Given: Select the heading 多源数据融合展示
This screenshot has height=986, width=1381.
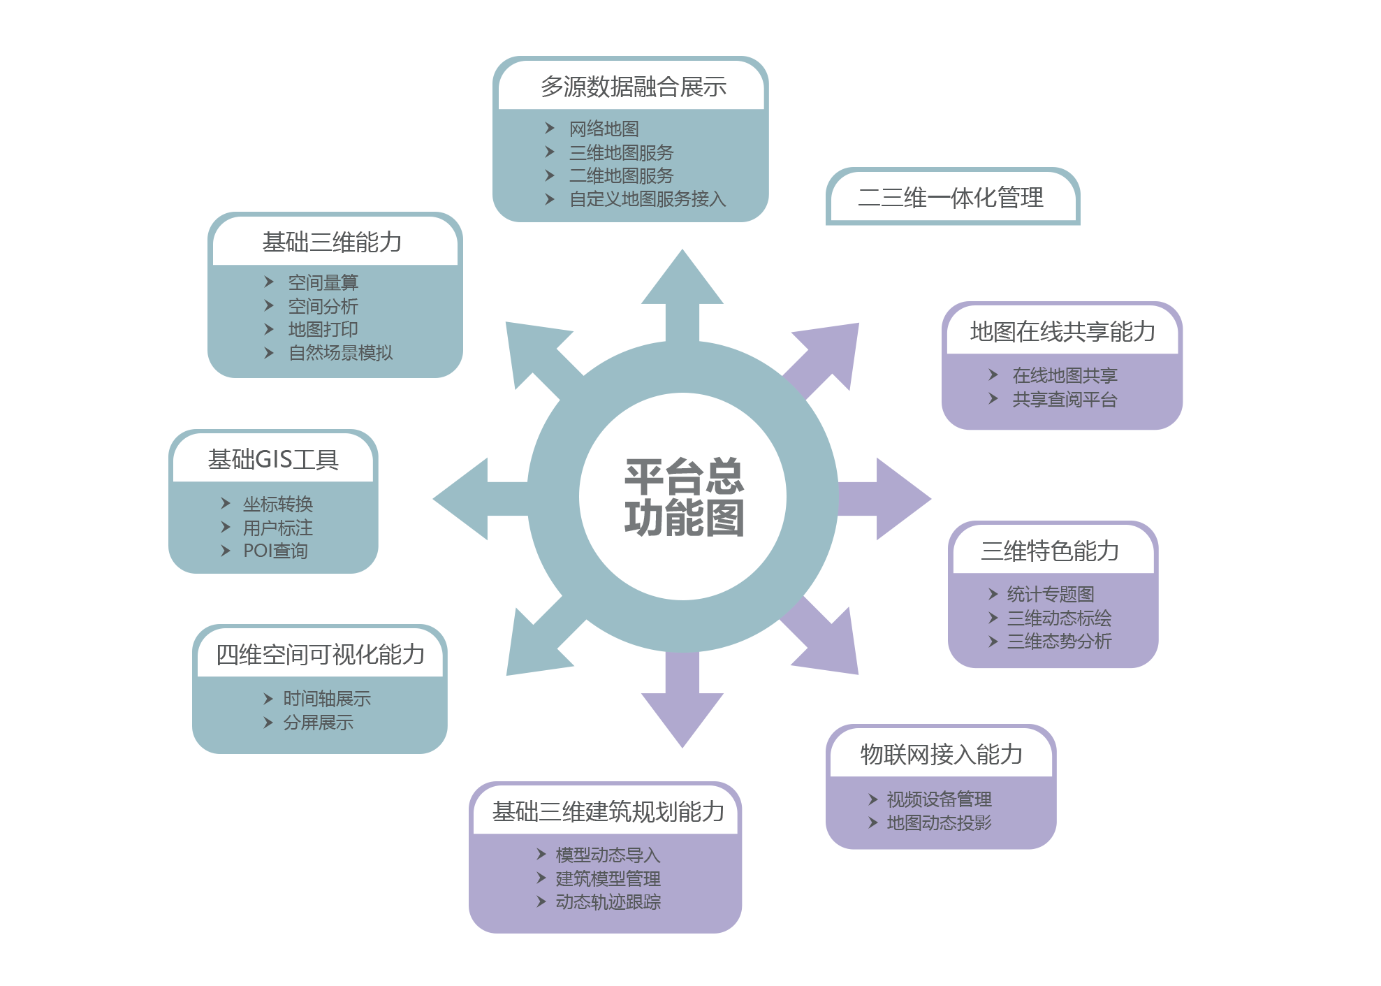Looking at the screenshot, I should coord(633,87).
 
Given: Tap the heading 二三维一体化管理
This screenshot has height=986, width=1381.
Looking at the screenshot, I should coord(951,198).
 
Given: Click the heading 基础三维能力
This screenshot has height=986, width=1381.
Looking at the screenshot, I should coord(332,242).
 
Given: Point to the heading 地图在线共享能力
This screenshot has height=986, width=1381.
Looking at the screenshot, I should coord(1062,331).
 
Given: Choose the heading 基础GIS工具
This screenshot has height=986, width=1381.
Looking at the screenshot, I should coord(273,459).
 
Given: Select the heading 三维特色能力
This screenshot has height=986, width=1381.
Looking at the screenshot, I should coord(1049,551).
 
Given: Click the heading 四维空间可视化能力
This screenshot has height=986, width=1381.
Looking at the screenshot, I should coord(320,654).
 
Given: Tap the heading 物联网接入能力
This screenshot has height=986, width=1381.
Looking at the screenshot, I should coord(941,754).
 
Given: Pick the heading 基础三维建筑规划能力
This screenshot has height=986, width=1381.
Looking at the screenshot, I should coord(608,811).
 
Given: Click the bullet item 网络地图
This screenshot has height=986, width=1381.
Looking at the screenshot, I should coord(604,129).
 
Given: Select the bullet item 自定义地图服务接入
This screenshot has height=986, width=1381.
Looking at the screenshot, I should coord(648,199).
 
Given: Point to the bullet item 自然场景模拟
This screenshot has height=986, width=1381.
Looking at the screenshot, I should coord(340,353).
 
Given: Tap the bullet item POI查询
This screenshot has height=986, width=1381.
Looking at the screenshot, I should coord(275,551).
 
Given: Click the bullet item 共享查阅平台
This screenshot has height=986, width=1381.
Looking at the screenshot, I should coord(1065,400).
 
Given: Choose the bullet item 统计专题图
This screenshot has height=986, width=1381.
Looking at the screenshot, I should coord(1050,595).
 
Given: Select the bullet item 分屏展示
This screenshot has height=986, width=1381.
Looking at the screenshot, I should coord(318,723).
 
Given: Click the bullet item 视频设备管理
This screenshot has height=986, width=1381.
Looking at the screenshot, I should coord(939,799).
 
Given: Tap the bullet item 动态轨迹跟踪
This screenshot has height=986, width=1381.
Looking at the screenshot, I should coord(608,902).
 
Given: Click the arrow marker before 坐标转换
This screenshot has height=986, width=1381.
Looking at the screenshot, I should coord(226,503).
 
